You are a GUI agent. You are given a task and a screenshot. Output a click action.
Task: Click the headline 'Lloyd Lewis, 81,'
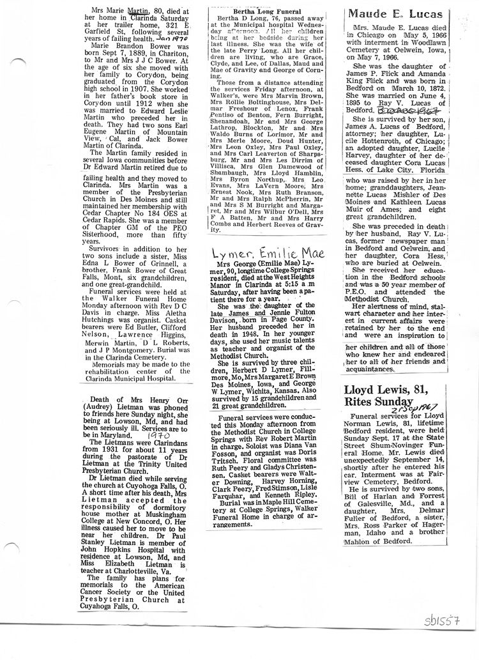[384, 390]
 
